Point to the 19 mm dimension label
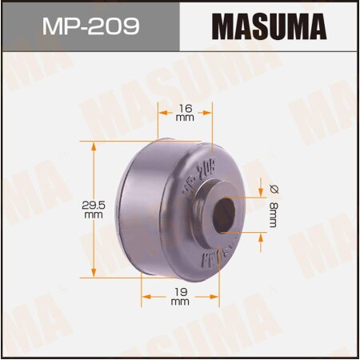180,301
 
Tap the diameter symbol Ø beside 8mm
272,190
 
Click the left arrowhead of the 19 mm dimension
145,295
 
